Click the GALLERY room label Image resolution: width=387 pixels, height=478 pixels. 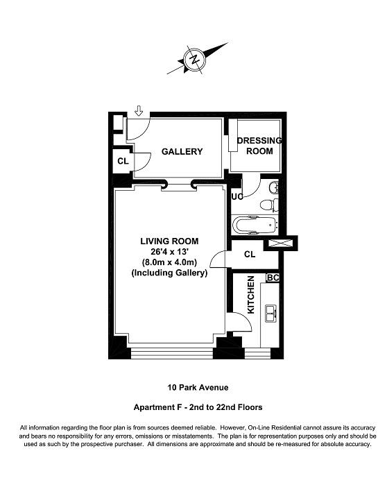tap(182, 151)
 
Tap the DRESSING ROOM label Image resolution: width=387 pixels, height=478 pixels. tap(259, 146)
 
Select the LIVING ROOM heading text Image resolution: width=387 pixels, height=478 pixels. tap(169, 241)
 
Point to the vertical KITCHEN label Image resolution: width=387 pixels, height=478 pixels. tap(251, 294)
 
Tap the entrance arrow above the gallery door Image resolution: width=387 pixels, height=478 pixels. tap(139, 111)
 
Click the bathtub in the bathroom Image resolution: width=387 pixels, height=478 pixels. tap(255, 225)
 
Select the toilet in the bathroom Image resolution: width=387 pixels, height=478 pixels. tap(270, 205)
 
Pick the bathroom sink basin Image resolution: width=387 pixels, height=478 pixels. tap(274, 187)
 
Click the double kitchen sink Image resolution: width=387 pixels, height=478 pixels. tap(271, 314)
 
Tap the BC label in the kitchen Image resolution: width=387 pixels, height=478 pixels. tap(273, 278)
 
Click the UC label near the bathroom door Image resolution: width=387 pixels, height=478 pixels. tap(237, 196)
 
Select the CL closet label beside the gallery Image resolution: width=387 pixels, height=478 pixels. tap(123, 161)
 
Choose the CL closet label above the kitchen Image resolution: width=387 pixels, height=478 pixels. tap(250, 254)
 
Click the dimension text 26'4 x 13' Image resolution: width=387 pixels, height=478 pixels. tap(169, 252)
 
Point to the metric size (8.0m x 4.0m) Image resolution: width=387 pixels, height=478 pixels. tap(169, 262)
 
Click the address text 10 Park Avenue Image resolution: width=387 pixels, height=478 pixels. tap(198, 387)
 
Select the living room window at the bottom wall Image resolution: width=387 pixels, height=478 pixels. tap(171, 353)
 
